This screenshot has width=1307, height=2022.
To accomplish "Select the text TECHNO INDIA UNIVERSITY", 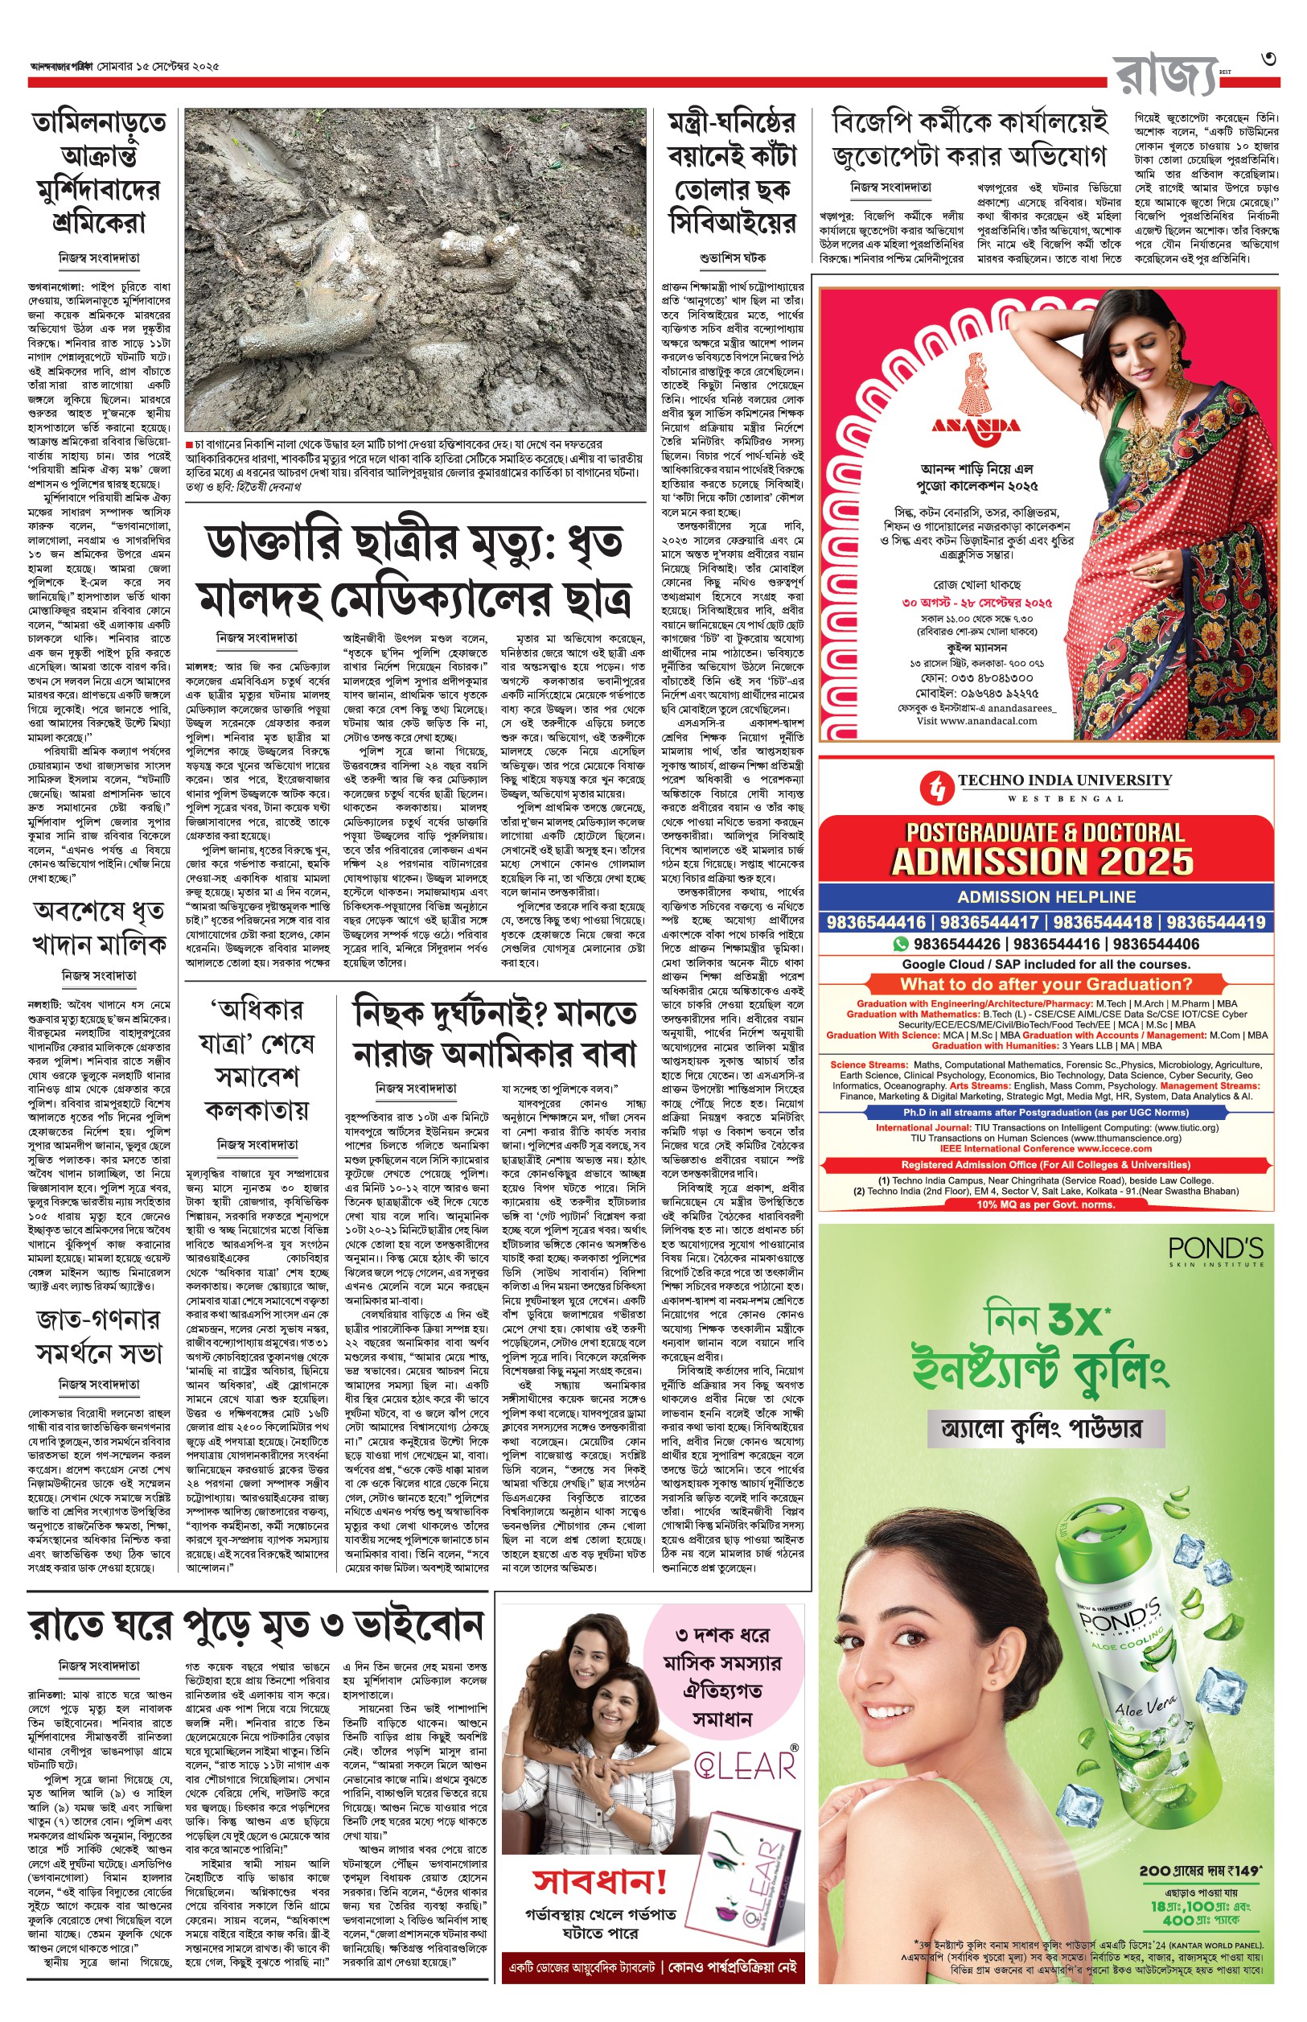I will tap(1064, 780).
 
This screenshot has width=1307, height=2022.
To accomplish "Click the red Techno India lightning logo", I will tap(936, 787).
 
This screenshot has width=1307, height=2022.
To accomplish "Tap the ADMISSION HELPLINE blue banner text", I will tap(1046, 896).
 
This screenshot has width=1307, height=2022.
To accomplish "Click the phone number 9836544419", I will tap(1215, 923).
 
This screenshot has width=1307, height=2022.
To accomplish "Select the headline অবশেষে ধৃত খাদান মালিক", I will tap(99, 928).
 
